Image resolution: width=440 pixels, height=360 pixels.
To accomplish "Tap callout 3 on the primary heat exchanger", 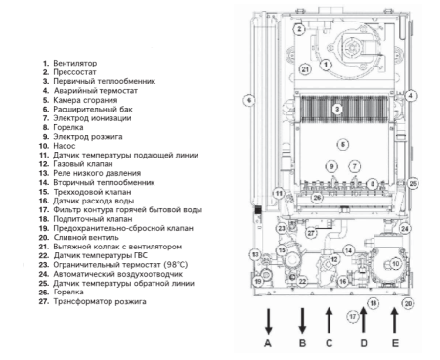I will tap(336, 108).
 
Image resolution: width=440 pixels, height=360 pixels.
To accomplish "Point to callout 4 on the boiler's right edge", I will tap(412, 96).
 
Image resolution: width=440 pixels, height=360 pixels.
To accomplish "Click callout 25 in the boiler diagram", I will tap(413, 183).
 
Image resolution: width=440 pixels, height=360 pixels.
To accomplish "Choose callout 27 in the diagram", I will tap(312, 233).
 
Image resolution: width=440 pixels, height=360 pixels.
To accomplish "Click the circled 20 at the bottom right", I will tap(410, 304).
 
